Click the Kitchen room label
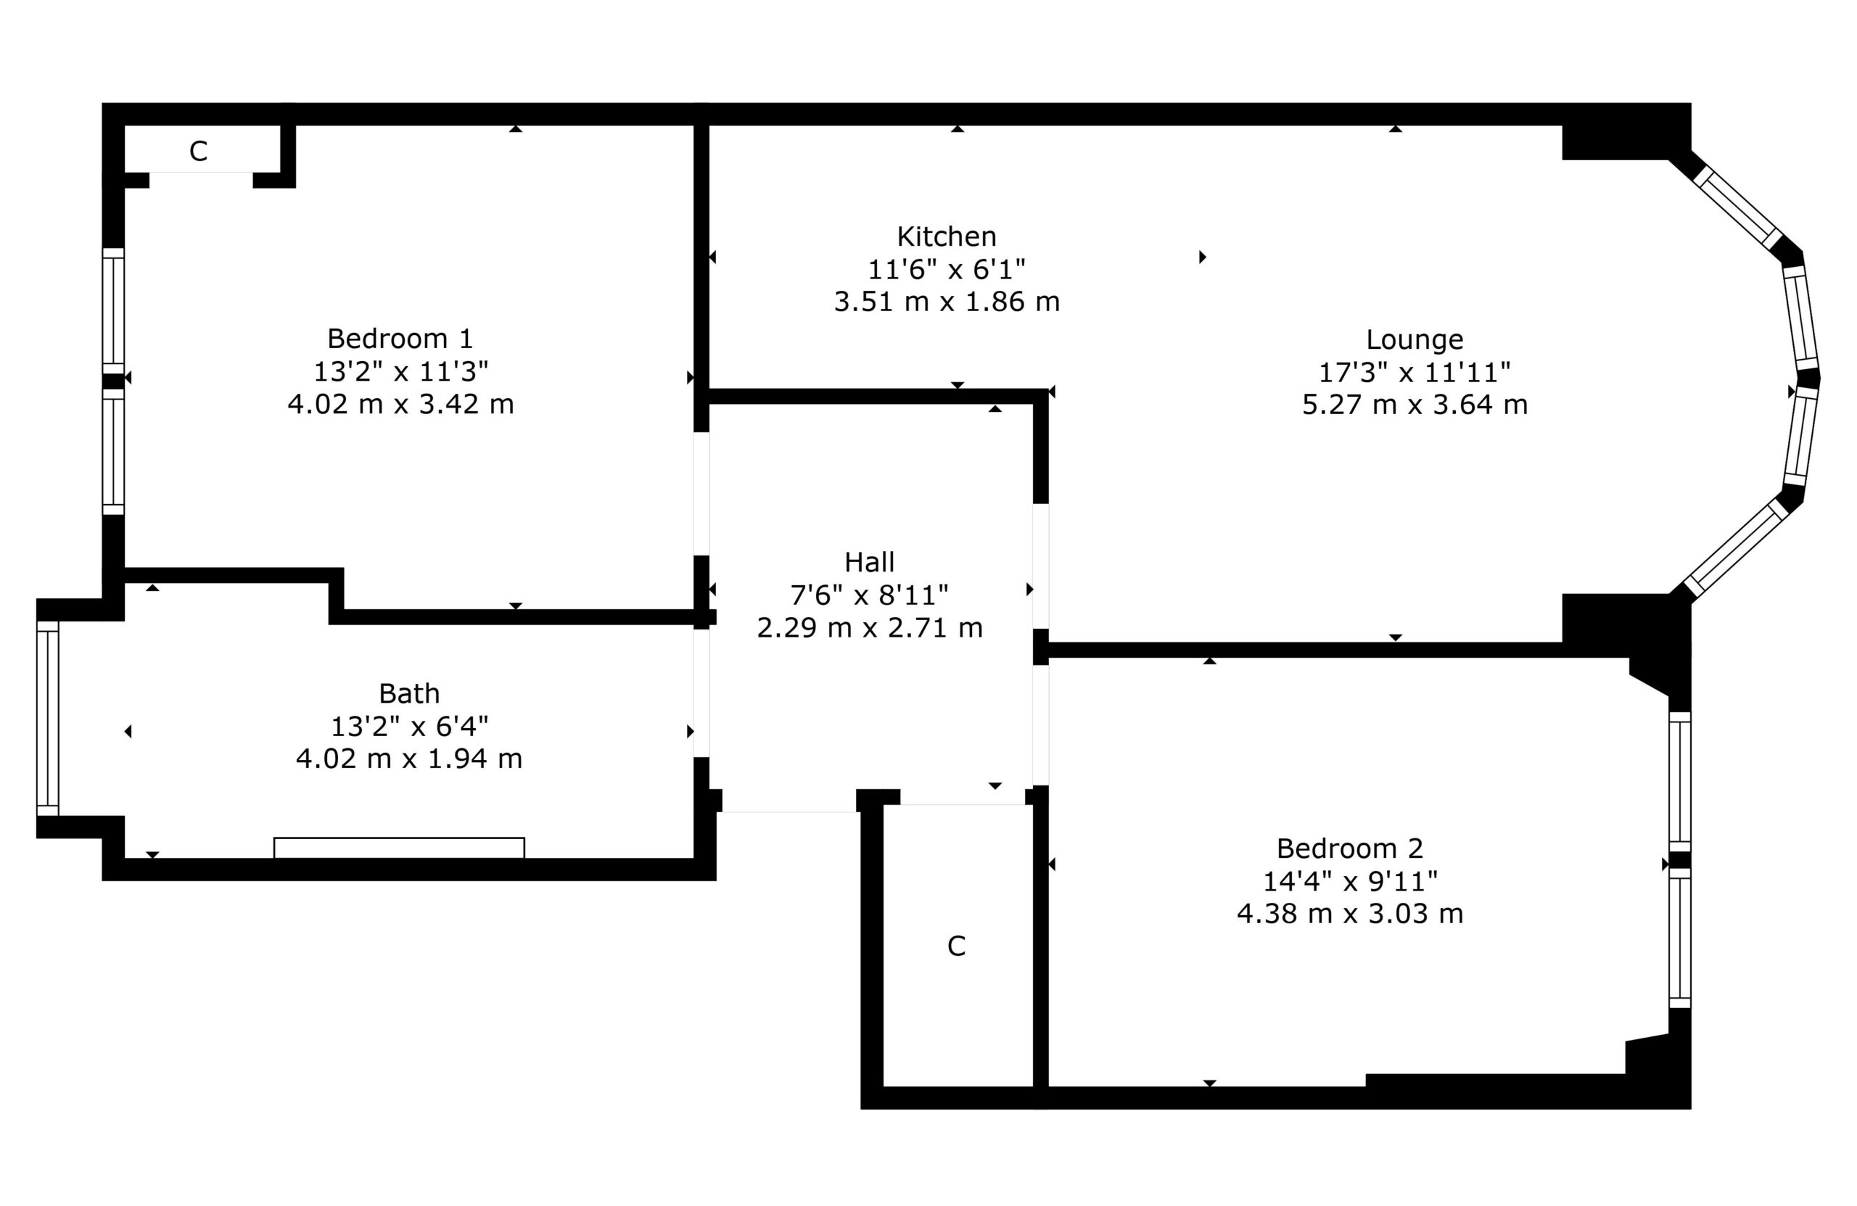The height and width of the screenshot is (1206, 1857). tap(946, 236)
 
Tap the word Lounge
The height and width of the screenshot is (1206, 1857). tap(1414, 339)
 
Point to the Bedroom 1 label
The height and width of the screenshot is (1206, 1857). tap(400, 339)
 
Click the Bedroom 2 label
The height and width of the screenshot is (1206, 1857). tap(1349, 848)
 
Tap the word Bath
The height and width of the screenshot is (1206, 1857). tap(409, 693)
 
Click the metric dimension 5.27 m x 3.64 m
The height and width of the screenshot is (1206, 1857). tap(1414, 405)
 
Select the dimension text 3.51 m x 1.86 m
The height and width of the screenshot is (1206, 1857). tap(947, 301)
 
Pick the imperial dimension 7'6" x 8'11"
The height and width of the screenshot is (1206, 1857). tap(869, 595)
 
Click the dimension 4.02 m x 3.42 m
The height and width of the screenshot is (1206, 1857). tap(400, 404)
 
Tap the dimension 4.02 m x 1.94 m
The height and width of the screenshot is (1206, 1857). tap(409, 759)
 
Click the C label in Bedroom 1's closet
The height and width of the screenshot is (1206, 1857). tap(198, 152)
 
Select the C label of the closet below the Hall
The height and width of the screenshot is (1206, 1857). tap(956, 946)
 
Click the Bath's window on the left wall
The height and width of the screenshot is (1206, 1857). tap(48, 719)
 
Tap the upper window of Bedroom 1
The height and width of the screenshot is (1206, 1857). tap(113, 310)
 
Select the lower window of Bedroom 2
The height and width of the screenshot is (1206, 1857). tap(1679, 938)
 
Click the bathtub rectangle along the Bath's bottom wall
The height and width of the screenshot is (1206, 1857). tap(399, 848)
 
